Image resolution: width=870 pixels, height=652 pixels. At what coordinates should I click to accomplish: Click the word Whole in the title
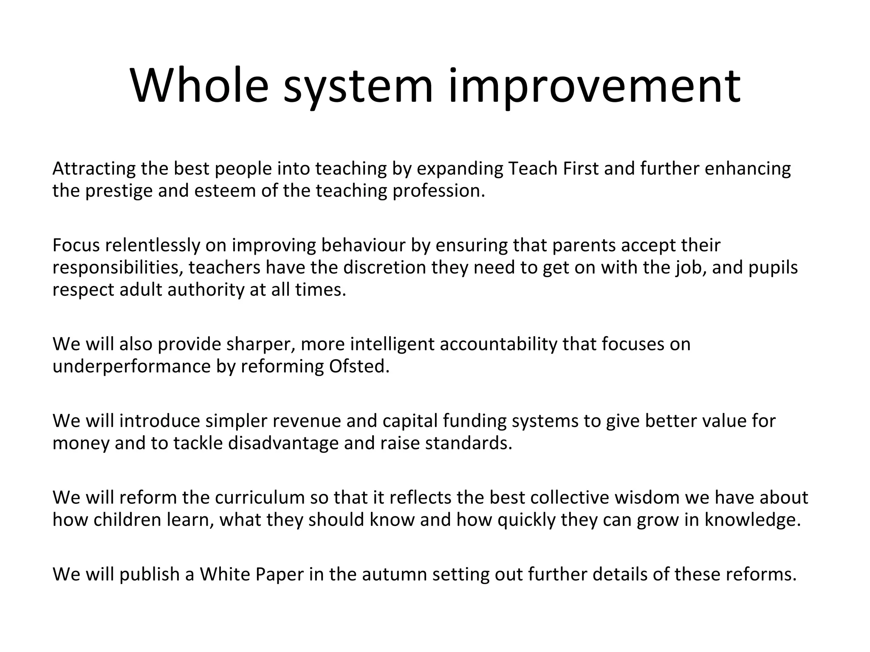point(200,86)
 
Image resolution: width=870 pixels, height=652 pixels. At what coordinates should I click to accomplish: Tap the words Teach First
point(553,169)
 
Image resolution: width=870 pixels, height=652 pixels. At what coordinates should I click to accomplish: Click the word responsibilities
point(117,267)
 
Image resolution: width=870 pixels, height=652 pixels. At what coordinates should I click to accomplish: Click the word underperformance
point(132,366)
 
